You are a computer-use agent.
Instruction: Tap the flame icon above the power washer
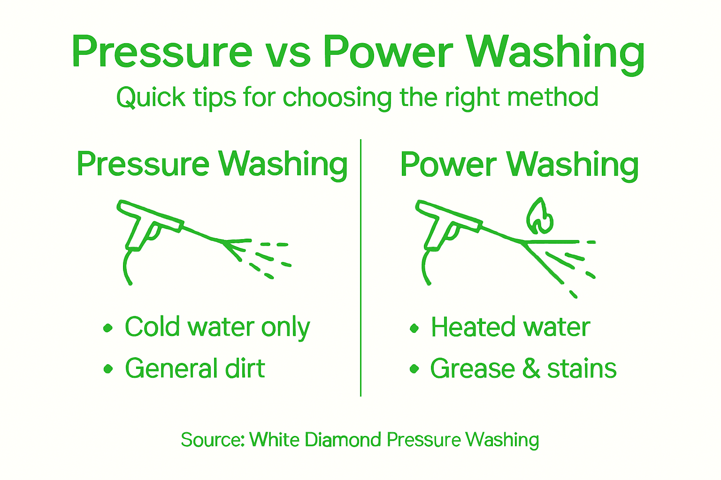(539, 216)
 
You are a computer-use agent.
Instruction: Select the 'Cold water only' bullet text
(217, 327)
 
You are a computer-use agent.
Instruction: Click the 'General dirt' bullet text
(195, 368)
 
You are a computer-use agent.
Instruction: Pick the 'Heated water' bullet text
(510, 327)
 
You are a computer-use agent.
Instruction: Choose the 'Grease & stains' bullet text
(523, 368)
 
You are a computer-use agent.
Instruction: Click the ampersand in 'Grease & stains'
(531, 368)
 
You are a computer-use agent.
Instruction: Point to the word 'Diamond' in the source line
(342, 440)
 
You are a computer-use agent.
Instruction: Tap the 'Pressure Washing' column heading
(212, 165)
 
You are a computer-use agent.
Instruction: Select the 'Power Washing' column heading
(519, 165)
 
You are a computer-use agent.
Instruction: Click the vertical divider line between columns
(360, 267)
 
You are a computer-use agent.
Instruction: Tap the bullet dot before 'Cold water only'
(108, 328)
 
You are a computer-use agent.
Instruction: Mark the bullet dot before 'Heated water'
(414, 328)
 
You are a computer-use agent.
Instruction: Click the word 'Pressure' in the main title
(162, 52)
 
